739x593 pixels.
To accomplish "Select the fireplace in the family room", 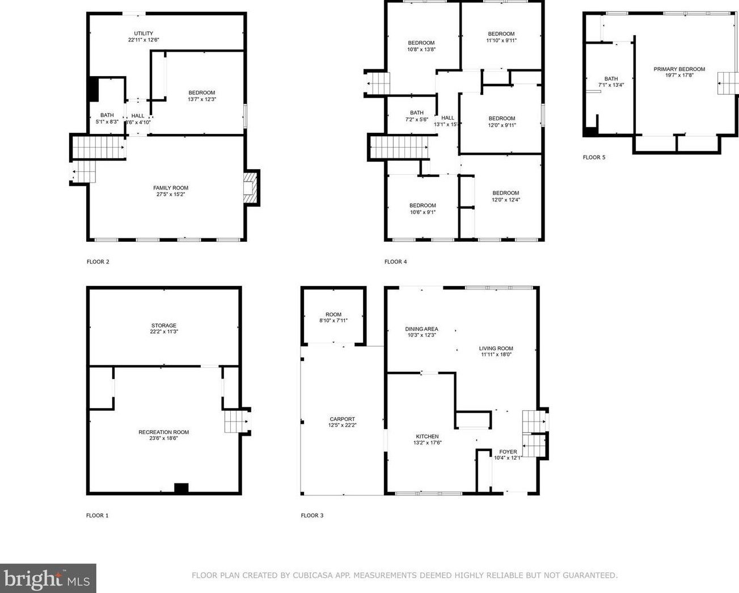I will coord(250,187).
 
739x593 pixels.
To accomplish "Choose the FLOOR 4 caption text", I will coord(395,262).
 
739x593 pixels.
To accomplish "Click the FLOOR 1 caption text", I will coord(97,515).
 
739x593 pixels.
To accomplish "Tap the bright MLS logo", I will coord(48,578).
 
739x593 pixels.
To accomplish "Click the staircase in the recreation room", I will coord(235,422).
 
